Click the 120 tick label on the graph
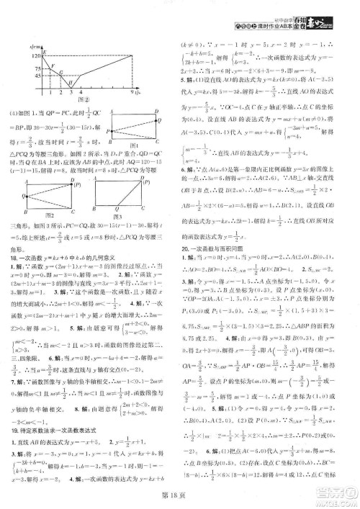pyautogui.click(x=34, y=55)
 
